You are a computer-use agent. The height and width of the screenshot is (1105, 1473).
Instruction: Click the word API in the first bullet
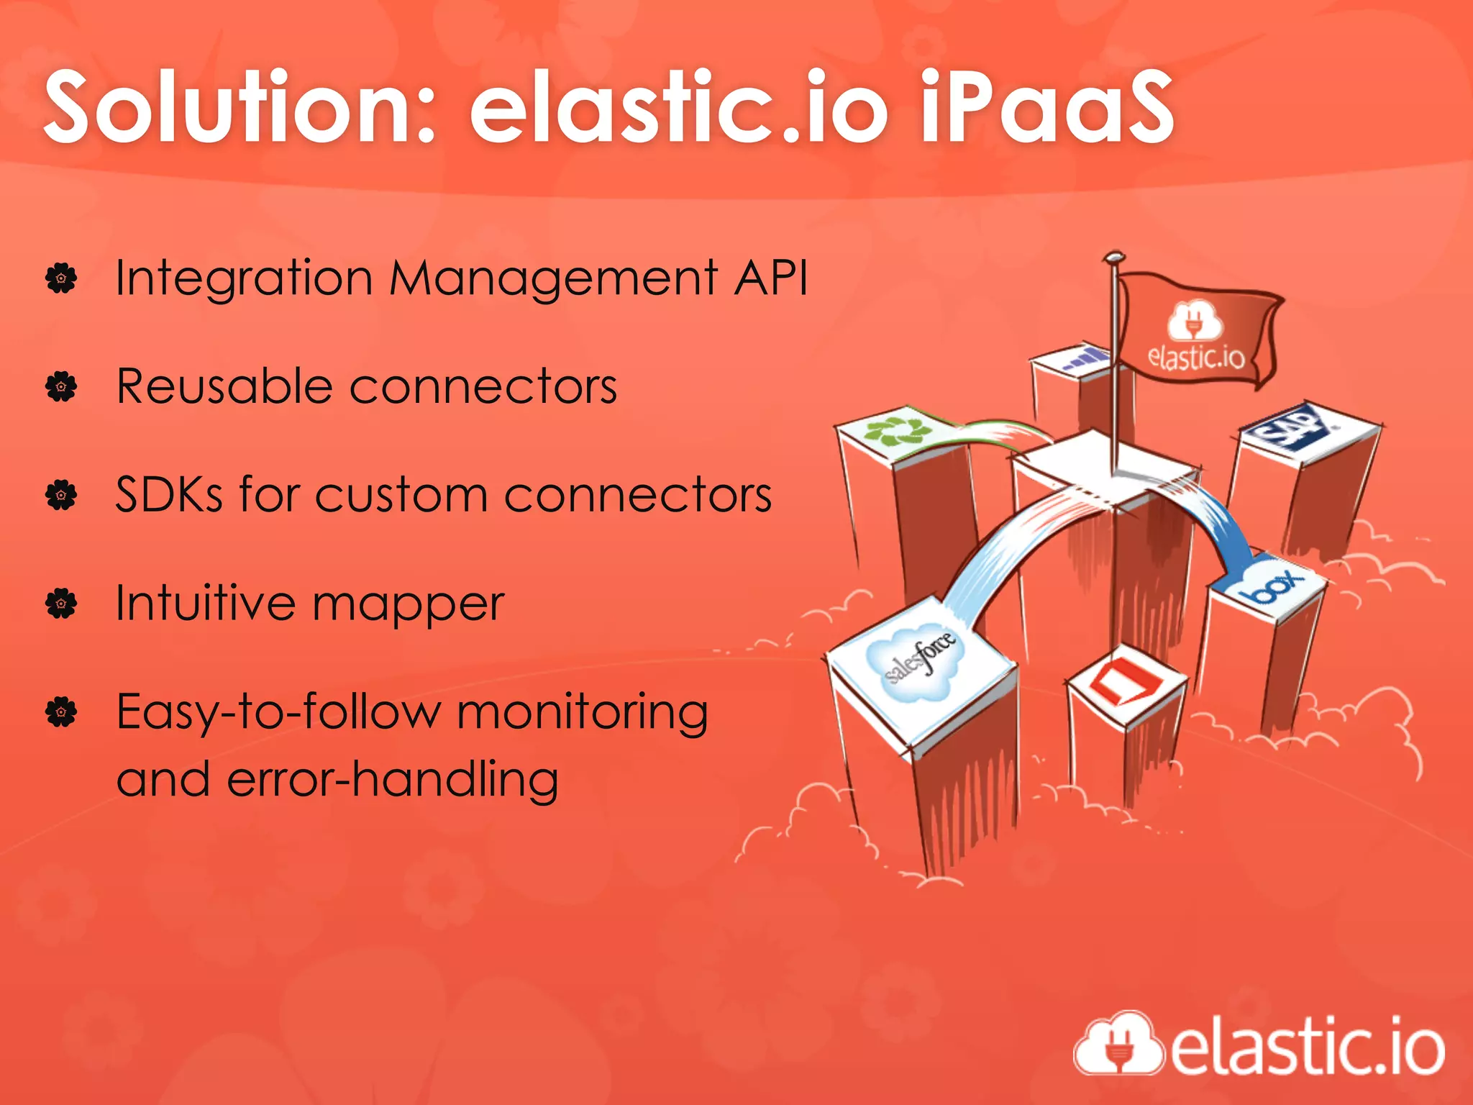(771, 278)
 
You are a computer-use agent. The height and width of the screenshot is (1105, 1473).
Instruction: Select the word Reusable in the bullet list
(224, 386)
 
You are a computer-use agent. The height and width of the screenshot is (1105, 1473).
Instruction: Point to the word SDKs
(169, 495)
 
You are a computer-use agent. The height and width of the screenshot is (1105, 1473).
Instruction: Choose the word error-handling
(393, 780)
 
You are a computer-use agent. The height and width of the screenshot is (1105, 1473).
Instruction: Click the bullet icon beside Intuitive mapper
(61, 604)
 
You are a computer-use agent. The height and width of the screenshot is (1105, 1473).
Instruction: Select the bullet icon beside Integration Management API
(61, 278)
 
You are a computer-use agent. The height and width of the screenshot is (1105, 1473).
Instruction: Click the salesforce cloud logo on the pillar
(918, 660)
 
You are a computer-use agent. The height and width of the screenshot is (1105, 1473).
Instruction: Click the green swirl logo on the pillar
(898, 429)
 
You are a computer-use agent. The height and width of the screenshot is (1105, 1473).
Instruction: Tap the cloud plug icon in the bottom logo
(1118, 1045)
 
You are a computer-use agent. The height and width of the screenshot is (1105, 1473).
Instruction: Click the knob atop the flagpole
(1113, 256)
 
